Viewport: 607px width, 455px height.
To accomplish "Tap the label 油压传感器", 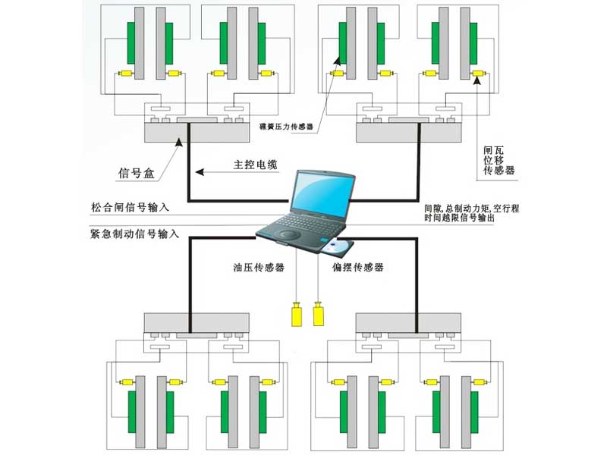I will pos(259,268).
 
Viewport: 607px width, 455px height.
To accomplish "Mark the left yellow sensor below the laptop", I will pos(295,315).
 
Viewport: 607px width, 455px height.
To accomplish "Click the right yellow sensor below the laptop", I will pos(319,315).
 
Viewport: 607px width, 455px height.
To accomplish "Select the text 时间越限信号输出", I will pos(462,218).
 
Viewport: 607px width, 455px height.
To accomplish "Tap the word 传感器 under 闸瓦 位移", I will pos(498,171).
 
